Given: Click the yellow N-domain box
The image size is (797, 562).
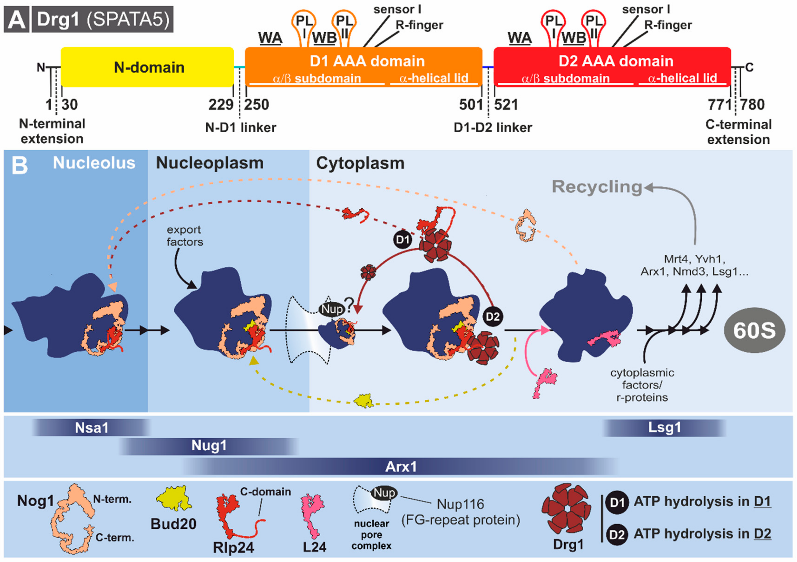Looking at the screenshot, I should point(147,67).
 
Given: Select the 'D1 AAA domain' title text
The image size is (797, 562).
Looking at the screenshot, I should point(367,61).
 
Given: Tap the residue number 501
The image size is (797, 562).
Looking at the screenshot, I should point(471,105).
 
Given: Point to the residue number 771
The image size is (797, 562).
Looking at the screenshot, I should point(720,105).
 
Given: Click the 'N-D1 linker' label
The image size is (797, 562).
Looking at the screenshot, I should point(241,128).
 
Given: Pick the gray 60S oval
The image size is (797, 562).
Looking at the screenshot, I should point(754,330).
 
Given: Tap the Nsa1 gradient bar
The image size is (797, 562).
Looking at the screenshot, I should point(92,428).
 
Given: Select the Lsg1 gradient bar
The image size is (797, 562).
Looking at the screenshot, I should point(664,428).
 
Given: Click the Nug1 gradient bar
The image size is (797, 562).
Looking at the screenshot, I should point(209,446).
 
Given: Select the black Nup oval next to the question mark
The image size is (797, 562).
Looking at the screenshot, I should point(331,309).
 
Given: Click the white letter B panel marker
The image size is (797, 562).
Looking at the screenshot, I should point(20,165).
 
